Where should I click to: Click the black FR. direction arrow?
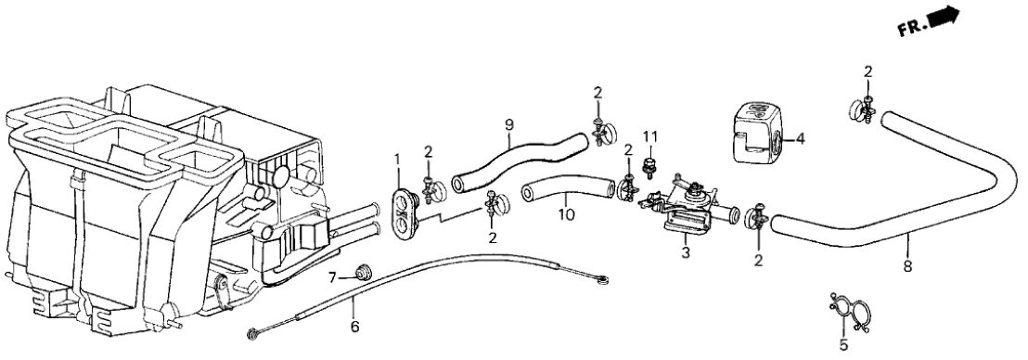[944, 18]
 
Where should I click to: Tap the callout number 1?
[397, 160]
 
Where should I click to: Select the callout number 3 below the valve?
[685, 251]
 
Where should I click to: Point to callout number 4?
[801, 138]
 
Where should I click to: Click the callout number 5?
[843, 343]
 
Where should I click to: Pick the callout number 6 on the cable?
[354, 326]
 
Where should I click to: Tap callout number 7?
[332, 278]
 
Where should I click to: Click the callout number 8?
[908, 266]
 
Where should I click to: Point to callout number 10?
[566, 214]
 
